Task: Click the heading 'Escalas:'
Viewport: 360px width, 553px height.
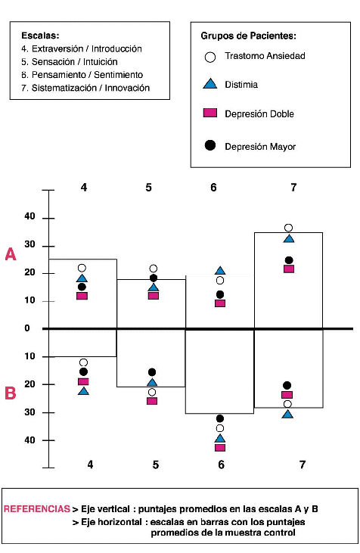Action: (40, 36)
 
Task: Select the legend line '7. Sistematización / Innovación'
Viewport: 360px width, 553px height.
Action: (85, 88)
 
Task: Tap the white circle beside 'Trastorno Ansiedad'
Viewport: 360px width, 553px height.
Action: (210, 57)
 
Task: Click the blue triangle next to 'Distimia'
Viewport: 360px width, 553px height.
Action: (210, 84)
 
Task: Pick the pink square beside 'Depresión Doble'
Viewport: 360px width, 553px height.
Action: (210, 113)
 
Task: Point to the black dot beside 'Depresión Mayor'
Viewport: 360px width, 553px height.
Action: (210, 145)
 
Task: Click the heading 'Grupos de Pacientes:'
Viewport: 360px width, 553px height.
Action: (249, 36)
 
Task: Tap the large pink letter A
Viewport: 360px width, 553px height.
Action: (11, 254)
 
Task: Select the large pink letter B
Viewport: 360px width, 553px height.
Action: (11, 393)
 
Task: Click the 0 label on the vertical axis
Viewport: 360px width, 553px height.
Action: (27, 328)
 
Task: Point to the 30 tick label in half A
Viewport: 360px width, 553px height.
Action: (30, 244)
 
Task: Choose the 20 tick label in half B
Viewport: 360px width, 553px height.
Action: (30, 384)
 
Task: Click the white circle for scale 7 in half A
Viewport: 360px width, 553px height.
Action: (288, 228)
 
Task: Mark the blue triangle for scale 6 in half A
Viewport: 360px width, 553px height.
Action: (220, 271)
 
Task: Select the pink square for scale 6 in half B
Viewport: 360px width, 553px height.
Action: (220, 448)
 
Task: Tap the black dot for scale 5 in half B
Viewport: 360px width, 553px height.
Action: (152, 372)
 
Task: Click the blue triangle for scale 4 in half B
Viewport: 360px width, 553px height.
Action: (83, 391)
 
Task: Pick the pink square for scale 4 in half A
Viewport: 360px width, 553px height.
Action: (82, 296)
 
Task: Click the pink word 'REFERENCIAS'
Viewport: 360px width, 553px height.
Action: (36, 508)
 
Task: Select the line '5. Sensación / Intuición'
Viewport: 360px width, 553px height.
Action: (70, 62)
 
